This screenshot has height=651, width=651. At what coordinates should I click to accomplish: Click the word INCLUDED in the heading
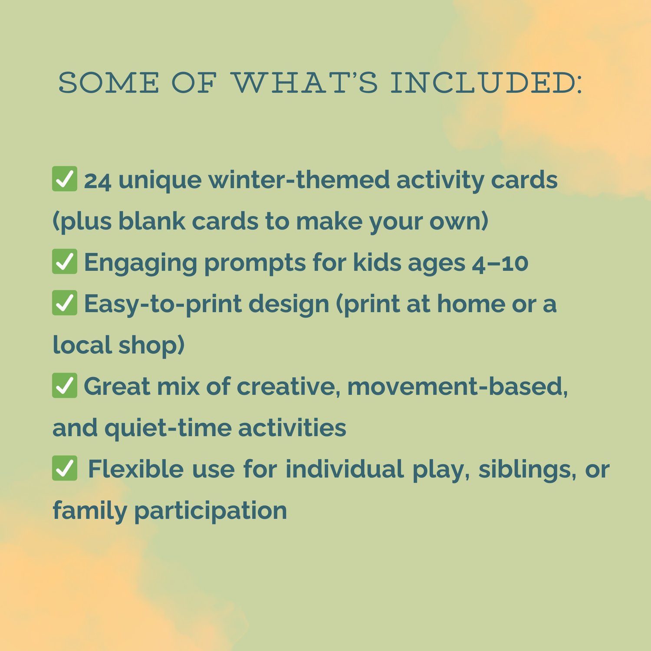(x=486, y=83)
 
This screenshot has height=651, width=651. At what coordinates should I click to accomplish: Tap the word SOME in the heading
(x=108, y=83)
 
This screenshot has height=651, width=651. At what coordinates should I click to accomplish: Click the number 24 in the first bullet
(x=98, y=181)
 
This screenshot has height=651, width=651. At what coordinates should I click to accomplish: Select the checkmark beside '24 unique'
(x=65, y=178)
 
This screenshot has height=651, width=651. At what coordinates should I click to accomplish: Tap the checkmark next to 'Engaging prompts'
(x=65, y=261)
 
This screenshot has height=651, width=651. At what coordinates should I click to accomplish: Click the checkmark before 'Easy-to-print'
(x=65, y=302)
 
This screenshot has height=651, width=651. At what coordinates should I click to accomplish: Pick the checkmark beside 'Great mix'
(x=65, y=385)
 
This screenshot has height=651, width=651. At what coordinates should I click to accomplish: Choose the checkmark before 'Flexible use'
(x=65, y=468)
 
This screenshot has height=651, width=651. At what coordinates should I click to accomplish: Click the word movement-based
(x=457, y=387)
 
